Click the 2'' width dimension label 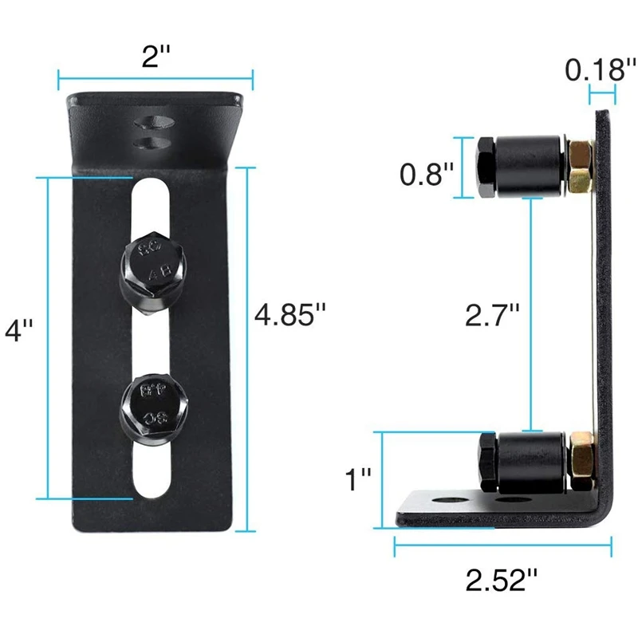[156, 56]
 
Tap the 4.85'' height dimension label [290, 314]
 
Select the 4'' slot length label [18, 329]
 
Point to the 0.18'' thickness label [601, 69]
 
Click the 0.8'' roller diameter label [427, 174]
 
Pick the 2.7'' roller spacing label [492, 314]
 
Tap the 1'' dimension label [358, 479]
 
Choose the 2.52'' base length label [502, 580]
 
